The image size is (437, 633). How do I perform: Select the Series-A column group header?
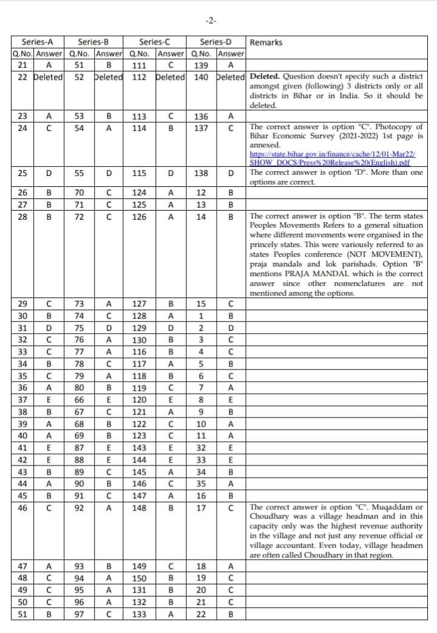tap(37, 42)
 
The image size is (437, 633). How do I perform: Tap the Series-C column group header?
tap(154, 42)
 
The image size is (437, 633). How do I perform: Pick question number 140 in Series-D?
tap(201, 77)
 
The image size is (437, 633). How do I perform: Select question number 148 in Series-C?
tap(140, 507)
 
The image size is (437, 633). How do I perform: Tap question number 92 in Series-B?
tap(80, 507)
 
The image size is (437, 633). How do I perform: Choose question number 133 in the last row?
tap(140, 614)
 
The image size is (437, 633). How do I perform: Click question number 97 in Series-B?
tap(80, 614)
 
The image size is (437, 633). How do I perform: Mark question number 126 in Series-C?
tap(140, 216)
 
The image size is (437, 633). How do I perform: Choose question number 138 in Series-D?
tap(201, 173)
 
